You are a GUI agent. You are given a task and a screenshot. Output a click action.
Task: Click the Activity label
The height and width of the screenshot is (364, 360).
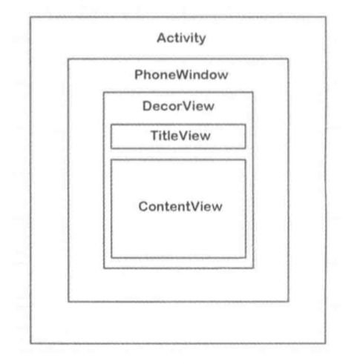click(181, 39)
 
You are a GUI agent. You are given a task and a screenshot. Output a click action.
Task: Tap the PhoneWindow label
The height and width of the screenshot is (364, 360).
click(181, 75)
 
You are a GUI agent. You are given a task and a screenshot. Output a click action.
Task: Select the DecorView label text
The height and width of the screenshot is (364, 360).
click(178, 106)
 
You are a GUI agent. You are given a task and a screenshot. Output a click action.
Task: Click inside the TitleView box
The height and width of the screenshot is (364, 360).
click(178, 136)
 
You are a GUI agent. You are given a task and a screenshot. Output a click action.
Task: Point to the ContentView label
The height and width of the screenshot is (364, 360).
click(180, 206)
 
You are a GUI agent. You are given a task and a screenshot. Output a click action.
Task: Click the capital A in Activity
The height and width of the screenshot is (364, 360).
click(163, 38)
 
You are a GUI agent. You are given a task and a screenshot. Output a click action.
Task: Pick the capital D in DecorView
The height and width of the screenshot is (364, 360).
click(148, 106)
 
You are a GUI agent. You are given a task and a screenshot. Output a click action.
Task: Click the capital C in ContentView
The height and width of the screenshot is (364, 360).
click(143, 206)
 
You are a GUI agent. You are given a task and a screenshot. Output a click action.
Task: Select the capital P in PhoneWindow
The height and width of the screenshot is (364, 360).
click(139, 75)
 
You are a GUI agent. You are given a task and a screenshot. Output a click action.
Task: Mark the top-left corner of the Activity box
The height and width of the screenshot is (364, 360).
click(30, 17)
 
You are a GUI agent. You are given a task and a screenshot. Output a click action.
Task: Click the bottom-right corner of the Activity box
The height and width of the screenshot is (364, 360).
click(326, 343)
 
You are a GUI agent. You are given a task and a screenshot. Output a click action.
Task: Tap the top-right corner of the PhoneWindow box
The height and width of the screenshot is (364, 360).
click(288, 59)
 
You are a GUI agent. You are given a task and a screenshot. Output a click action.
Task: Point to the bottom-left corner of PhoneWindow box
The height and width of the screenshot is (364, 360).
click(68, 302)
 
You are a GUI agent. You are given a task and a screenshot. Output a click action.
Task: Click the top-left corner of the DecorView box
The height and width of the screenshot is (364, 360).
click(104, 93)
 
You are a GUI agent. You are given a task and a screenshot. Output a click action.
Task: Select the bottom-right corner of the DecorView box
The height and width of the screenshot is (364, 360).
click(253, 268)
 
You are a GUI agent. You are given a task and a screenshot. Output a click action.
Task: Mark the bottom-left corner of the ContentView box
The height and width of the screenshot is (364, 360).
click(111, 258)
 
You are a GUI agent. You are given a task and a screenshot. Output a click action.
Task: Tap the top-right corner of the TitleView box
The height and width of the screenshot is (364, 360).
click(246, 125)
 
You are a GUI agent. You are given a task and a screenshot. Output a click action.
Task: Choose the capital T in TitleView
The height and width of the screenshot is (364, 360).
click(155, 136)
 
